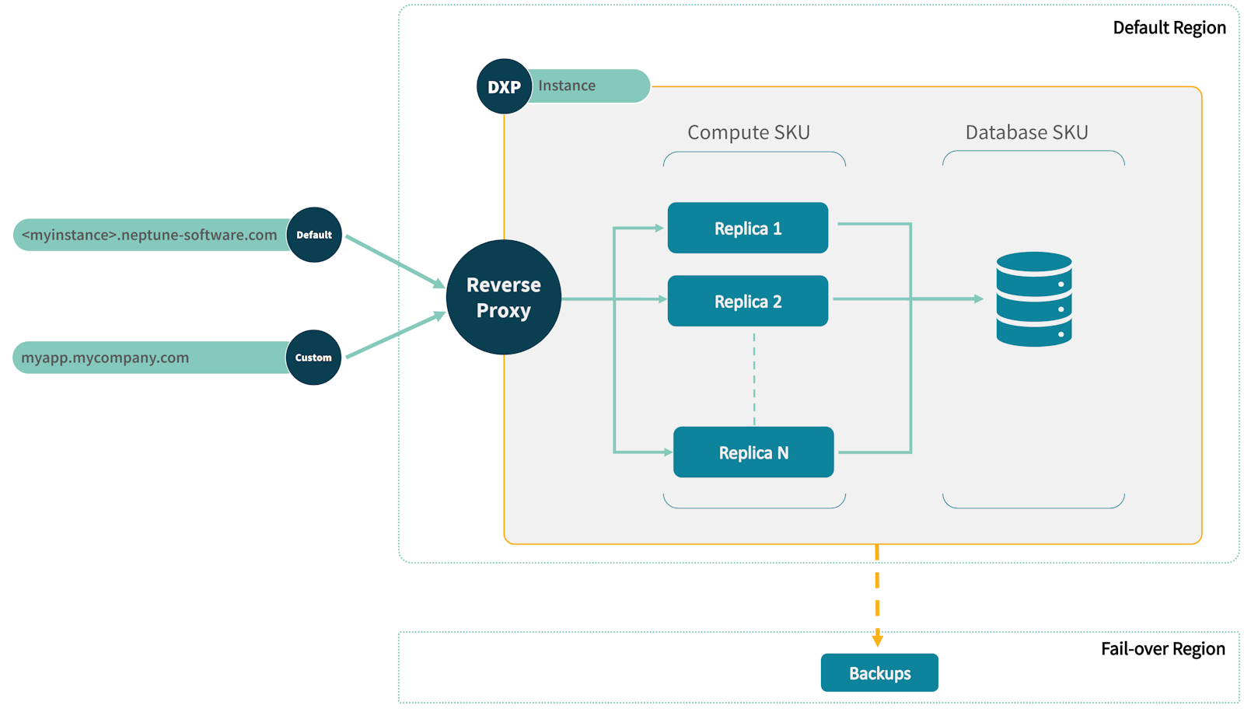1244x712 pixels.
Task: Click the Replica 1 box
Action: click(x=747, y=228)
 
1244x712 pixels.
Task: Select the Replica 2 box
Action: click(x=747, y=301)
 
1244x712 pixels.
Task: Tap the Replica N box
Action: click(x=753, y=452)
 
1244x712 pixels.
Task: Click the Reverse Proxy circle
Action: click(x=503, y=297)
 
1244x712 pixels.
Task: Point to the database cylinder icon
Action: click(x=1033, y=298)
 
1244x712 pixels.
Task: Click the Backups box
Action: click(x=879, y=672)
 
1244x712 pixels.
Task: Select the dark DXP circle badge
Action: click(x=504, y=86)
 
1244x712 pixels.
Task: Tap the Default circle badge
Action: click(x=314, y=234)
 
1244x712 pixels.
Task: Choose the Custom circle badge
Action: click(x=313, y=358)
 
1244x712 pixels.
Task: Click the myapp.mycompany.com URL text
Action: click(x=105, y=358)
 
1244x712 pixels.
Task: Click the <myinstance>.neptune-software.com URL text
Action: click(x=149, y=235)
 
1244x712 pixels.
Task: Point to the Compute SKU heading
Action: click(x=748, y=132)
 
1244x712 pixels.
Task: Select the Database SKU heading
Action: click(x=1026, y=132)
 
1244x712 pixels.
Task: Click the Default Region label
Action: click(x=1169, y=27)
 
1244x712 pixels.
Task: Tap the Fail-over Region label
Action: click(x=1162, y=648)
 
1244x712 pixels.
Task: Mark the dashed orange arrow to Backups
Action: click(x=877, y=595)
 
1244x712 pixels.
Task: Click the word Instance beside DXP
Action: click(x=567, y=86)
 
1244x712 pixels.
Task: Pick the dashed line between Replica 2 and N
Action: click(x=753, y=379)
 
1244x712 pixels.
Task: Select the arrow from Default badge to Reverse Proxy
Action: click(x=393, y=260)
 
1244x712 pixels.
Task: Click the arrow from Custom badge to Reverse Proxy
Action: click(x=393, y=336)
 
